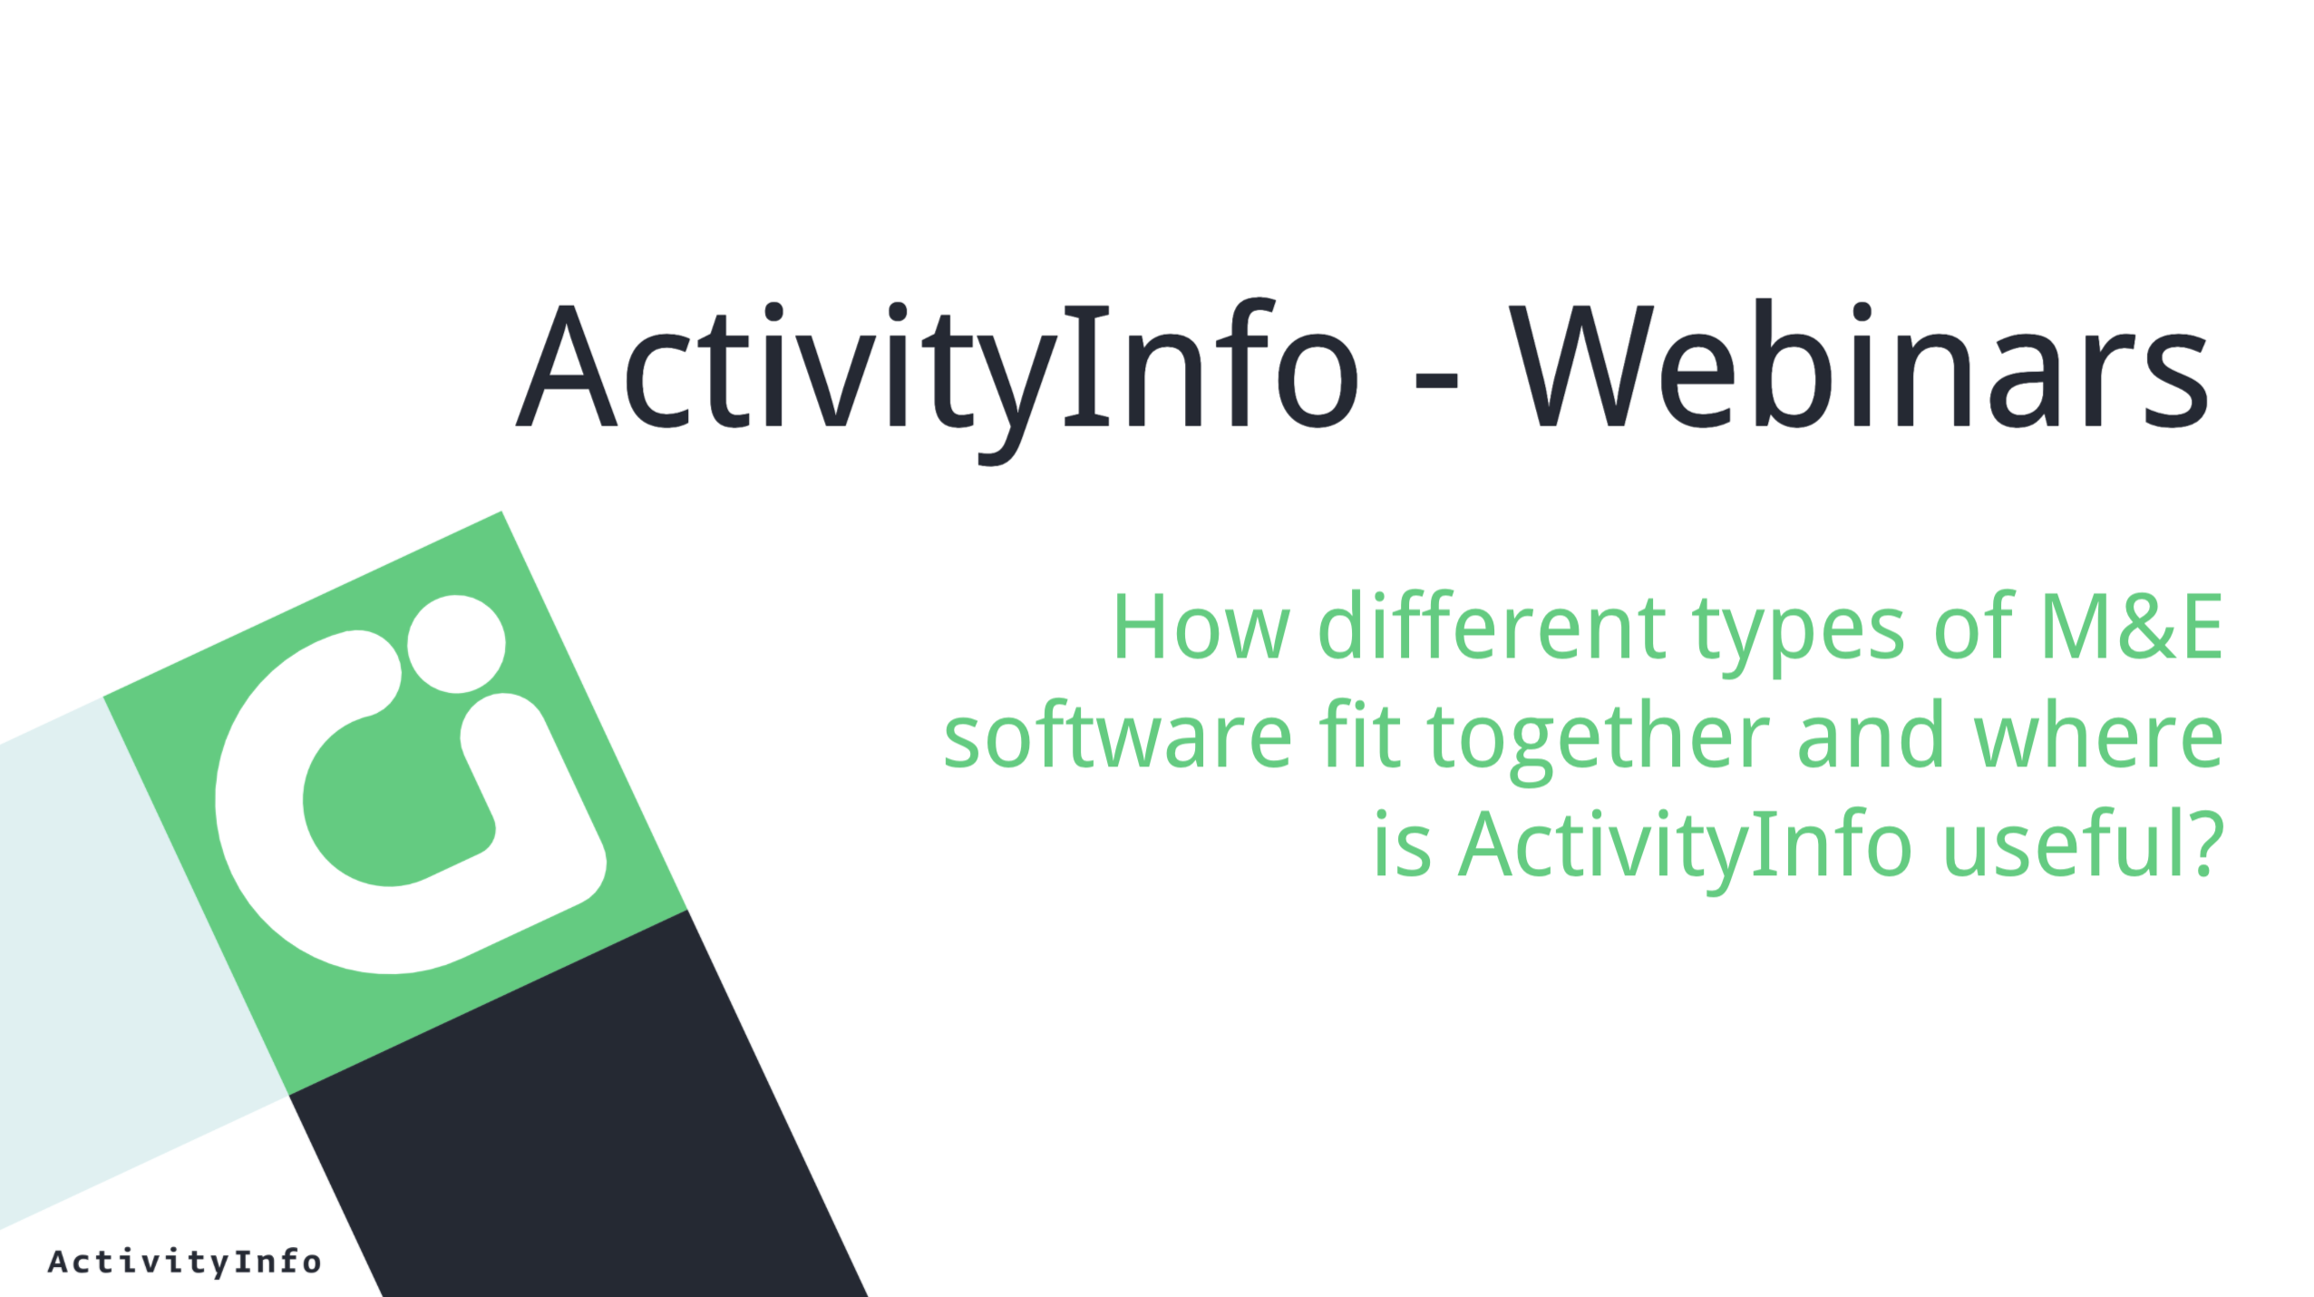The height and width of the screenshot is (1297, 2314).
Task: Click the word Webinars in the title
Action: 1859,363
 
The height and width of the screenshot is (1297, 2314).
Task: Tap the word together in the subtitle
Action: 1598,739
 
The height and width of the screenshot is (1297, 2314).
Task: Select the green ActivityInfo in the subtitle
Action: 1685,848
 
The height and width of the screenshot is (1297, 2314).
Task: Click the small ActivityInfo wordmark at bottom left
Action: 184,1262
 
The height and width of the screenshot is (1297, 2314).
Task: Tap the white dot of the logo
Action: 456,643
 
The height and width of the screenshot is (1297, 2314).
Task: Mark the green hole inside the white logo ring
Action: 396,801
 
